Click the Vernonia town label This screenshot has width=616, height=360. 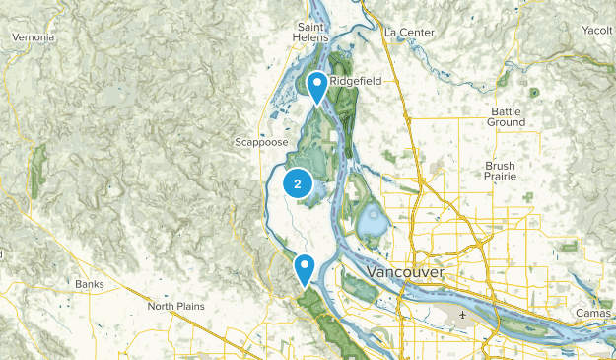[x=33, y=37]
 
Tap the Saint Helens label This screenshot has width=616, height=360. [x=312, y=33]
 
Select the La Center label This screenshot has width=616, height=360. [x=409, y=32]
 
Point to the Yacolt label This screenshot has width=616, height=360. [x=597, y=30]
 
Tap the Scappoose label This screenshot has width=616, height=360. [x=261, y=142]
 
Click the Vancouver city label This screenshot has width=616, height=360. [x=404, y=271]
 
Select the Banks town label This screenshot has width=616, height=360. [x=89, y=284]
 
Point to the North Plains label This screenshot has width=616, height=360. [x=175, y=306]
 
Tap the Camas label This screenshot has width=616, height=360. [x=594, y=313]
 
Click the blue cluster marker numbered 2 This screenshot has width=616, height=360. [x=298, y=183]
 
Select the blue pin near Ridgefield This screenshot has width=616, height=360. [x=317, y=87]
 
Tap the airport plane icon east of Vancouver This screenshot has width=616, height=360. [x=461, y=317]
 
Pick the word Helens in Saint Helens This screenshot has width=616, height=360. [x=312, y=38]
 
